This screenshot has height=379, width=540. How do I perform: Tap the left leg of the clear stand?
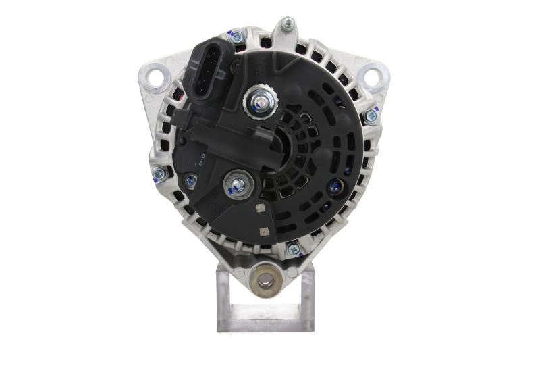[x=223, y=297]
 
